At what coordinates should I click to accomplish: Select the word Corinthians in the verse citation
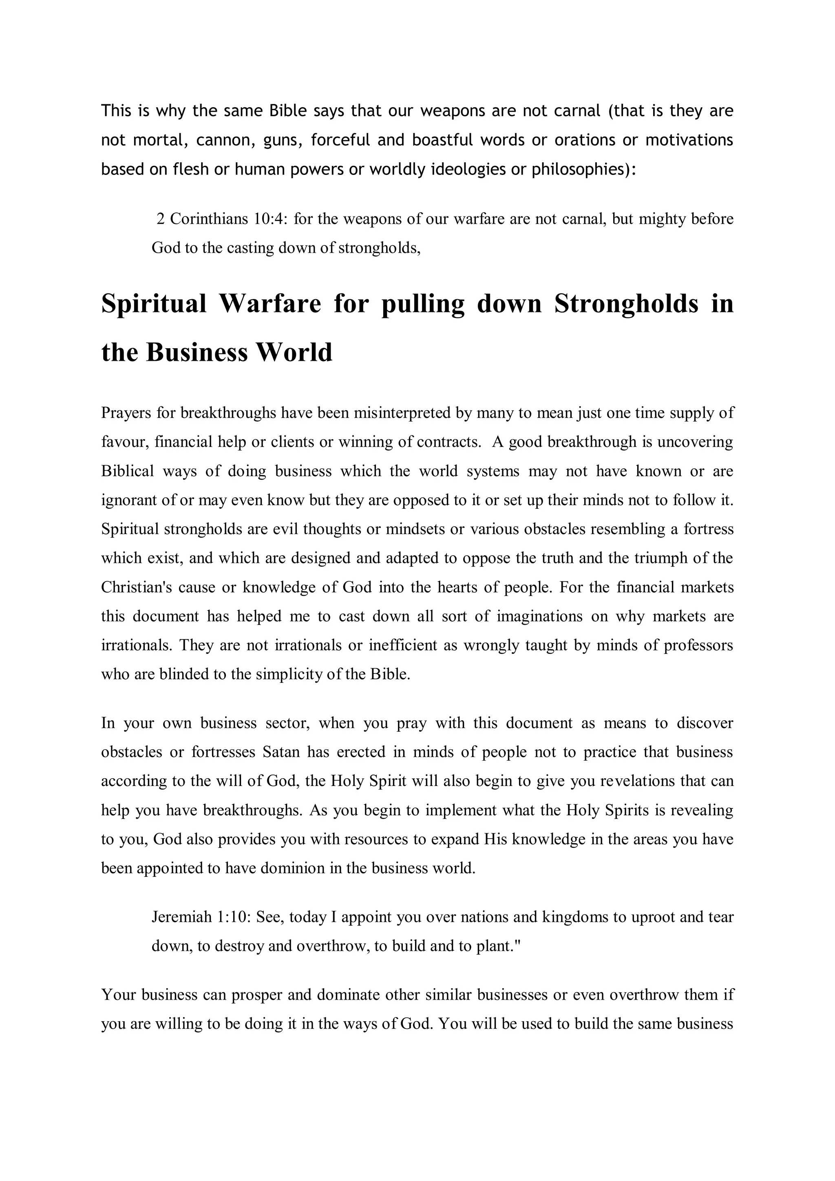tap(209, 219)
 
